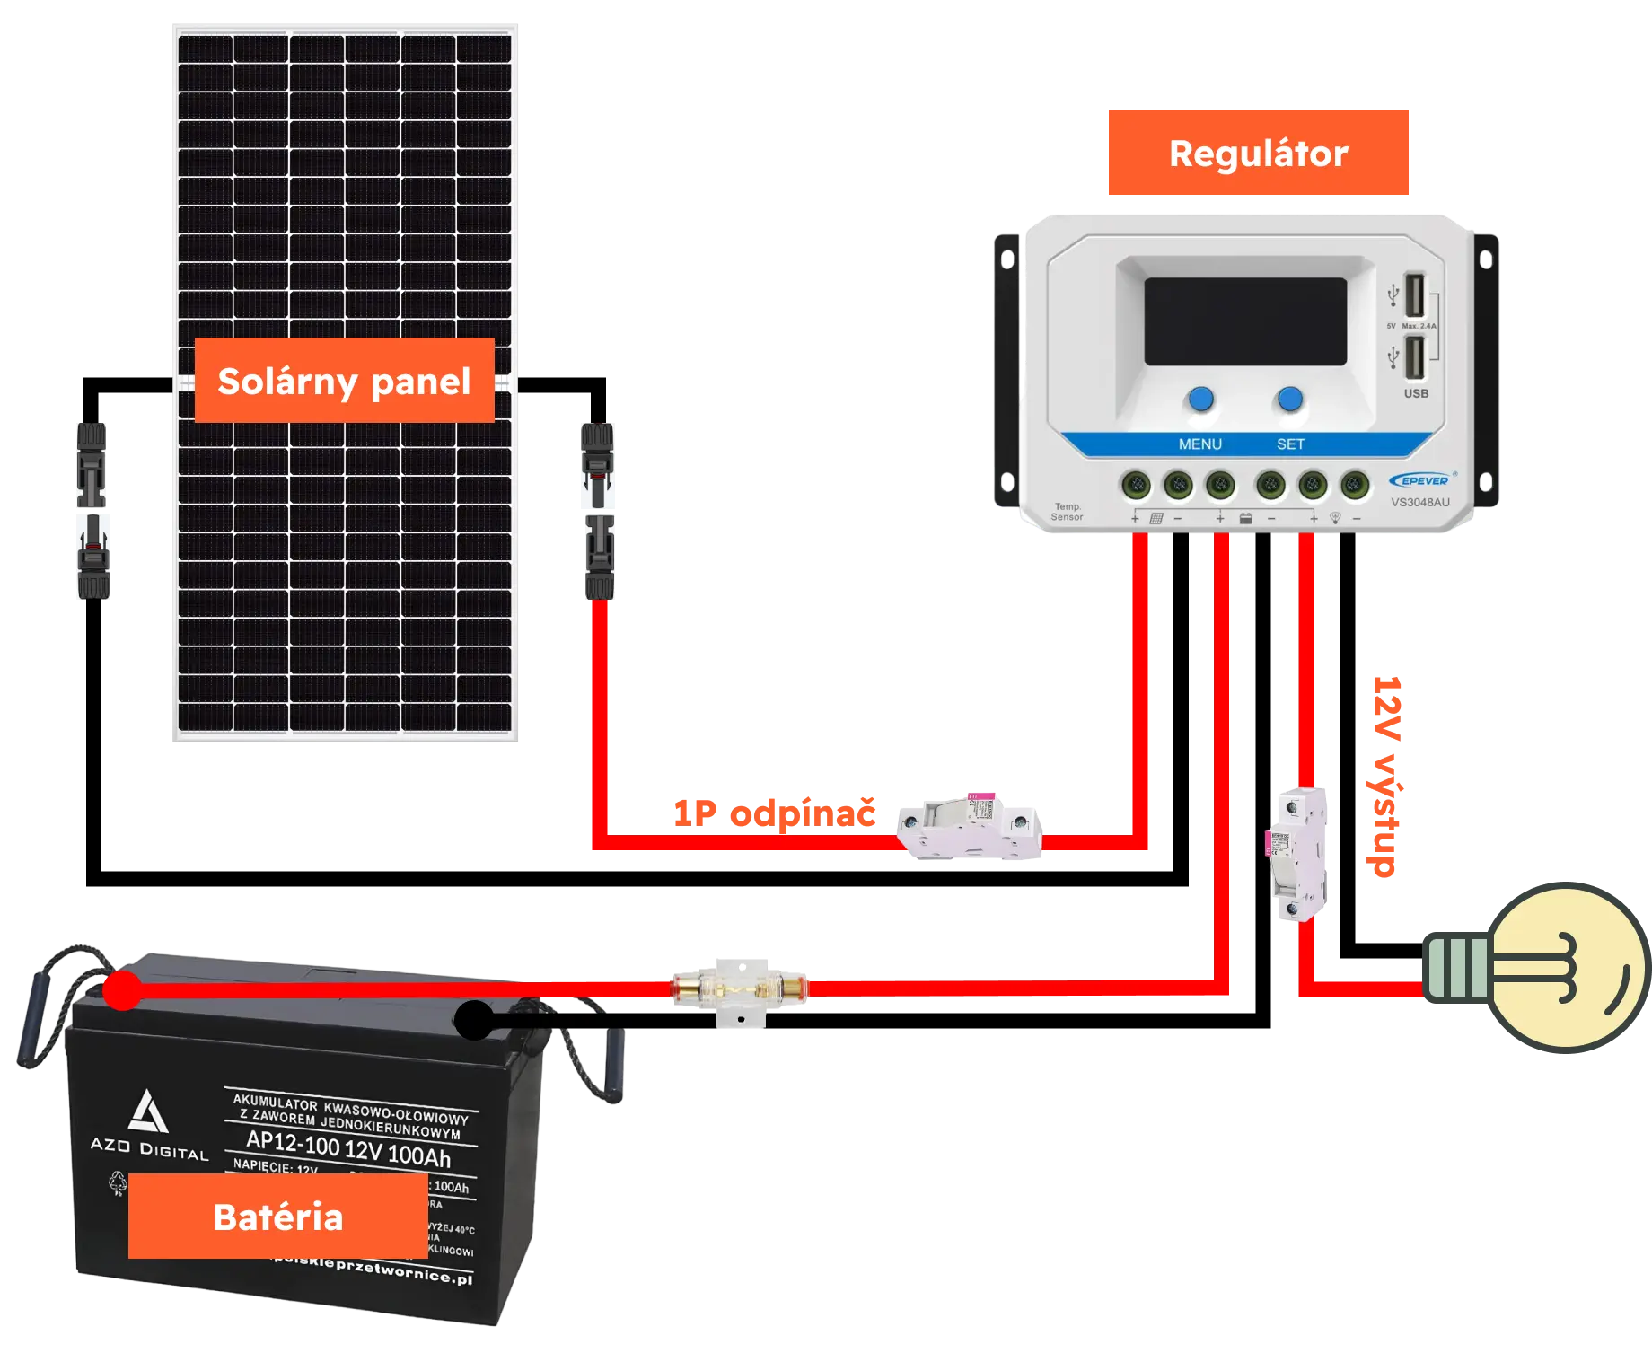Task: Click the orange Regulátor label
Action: pos(1259,154)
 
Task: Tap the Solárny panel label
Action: pos(344,381)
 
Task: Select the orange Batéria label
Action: pos(277,1217)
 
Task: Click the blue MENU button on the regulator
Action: pos(1200,400)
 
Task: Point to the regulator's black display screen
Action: pos(1244,321)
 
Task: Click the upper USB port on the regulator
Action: pos(1414,294)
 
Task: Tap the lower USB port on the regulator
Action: pos(1414,356)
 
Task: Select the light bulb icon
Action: pos(1546,965)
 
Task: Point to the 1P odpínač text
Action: pos(774,813)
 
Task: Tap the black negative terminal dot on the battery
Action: pos(474,1020)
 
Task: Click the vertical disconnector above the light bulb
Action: pos(1298,853)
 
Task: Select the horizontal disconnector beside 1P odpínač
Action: pos(971,826)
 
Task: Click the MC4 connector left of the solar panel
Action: pos(92,509)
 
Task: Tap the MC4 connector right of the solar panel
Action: pos(598,509)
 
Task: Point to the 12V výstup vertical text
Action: pos(1386,778)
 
